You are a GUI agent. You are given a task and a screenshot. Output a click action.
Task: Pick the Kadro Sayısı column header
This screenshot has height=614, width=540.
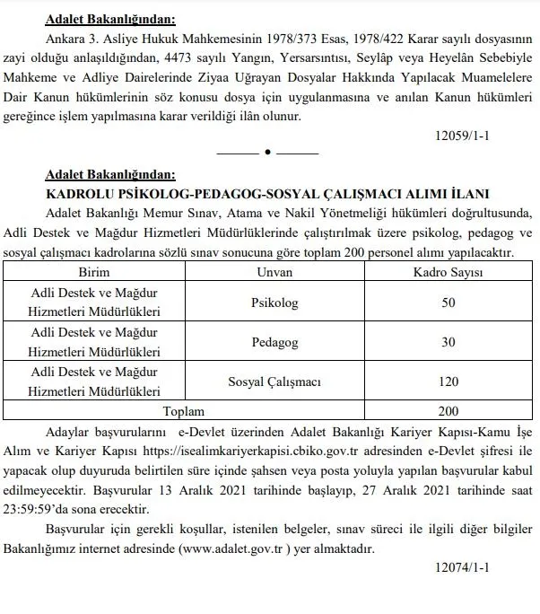tap(449, 270)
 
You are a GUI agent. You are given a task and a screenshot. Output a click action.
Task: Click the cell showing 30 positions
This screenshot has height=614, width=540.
tap(449, 342)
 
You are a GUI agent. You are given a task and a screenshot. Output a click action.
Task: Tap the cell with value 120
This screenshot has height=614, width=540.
tap(449, 382)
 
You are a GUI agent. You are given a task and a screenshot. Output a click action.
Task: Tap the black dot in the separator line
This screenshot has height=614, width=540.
tap(267, 153)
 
